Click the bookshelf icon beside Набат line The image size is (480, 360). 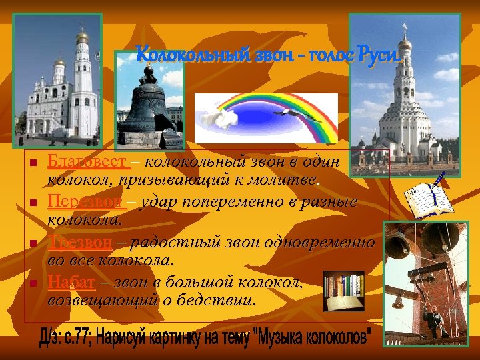344,291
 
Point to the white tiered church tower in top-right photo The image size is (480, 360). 404,100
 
